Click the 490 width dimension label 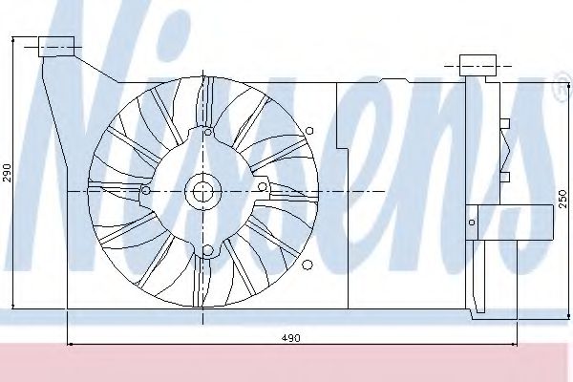coord(291,338)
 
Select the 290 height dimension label coord(7,173)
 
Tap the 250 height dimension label coord(563,199)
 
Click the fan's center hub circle coord(202,191)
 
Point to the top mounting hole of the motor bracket coord(208,132)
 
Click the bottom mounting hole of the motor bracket coord(207,250)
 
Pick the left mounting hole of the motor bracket coord(146,190)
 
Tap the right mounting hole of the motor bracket coord(262,187)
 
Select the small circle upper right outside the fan coord(309,131)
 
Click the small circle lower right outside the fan coord(308,265)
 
